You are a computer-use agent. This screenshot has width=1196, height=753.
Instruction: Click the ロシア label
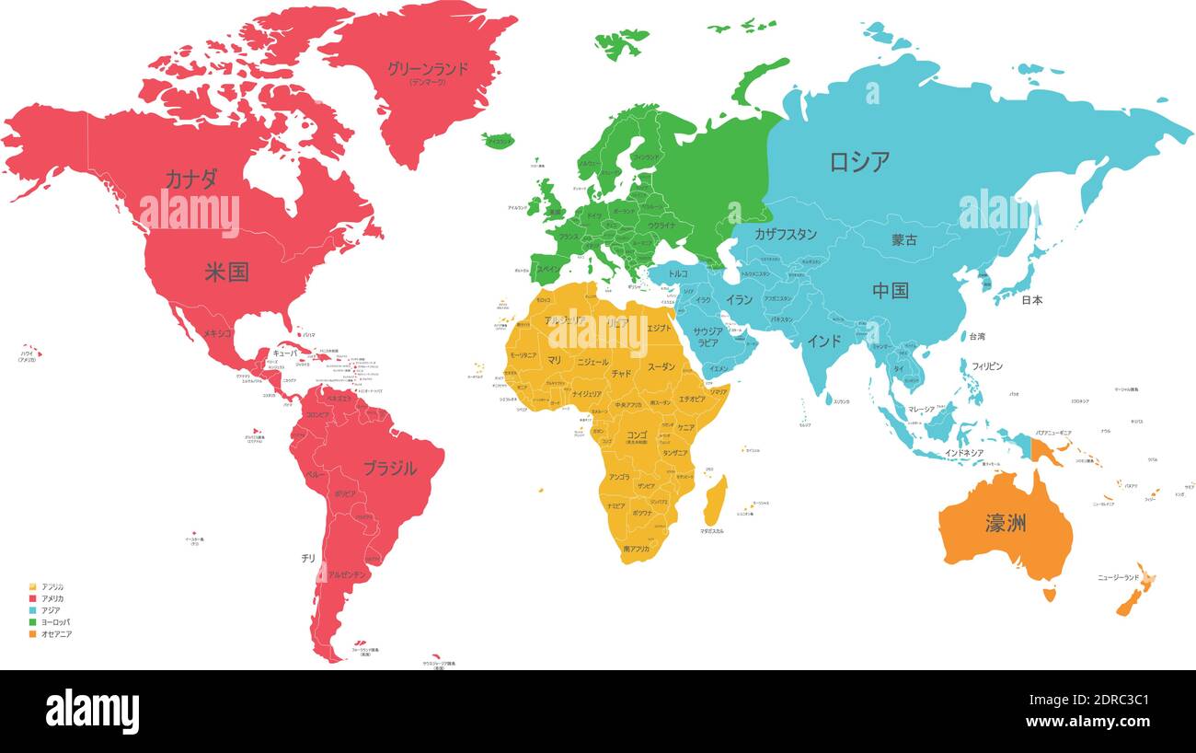tap(859, 162)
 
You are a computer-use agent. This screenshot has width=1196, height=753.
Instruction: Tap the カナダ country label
tap(190, 179)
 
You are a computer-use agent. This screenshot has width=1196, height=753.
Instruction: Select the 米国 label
tap(226, 272)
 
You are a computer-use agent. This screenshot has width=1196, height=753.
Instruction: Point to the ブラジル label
tap(389, 468)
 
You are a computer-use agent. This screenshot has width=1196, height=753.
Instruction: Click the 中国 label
tap(891, 291)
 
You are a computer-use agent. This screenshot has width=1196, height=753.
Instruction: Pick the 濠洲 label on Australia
tap(1006, 524)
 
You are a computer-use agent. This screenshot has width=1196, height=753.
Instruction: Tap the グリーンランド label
tap(427, 68)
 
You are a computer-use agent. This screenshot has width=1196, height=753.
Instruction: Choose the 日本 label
tap(1031, 300)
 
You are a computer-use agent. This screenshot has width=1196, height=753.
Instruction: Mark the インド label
tap(823, 341)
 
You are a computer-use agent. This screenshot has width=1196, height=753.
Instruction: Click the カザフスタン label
tap(785, 234)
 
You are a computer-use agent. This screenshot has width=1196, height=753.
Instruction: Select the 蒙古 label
tap(903, 240)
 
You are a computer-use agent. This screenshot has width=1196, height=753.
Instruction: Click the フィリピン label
tap(987, 366)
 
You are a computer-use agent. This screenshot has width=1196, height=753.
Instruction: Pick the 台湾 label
tap(976, 337)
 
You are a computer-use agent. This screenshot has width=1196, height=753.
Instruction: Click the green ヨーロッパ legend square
tap(33, 622)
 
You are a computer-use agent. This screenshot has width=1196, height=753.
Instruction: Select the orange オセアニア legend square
tap(33, 634)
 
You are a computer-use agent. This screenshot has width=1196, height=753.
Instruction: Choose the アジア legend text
tap(52, 610)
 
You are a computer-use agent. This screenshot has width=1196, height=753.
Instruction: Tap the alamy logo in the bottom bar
tap(92, 712)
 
